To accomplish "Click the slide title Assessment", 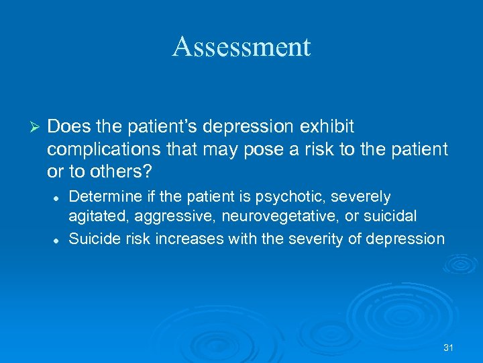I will click(x=241, y=47).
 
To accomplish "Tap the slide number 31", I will click(x=449, y=348).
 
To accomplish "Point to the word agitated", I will click(x=95, y=217).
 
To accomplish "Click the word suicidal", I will click(x=392, y=217).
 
